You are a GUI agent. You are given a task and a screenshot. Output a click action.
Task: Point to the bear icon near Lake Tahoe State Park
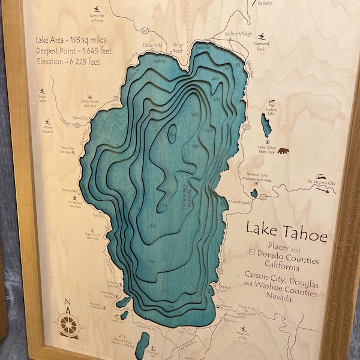click(x=282, y=152)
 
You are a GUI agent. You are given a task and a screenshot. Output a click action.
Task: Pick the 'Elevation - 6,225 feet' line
click(x=68, y=61)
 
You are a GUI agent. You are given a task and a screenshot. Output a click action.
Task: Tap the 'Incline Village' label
click(x=238, y=34)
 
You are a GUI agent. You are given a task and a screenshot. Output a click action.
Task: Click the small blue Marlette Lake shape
click(x=265, y=125)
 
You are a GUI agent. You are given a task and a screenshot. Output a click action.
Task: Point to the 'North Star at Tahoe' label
click(x=97, y=17)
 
